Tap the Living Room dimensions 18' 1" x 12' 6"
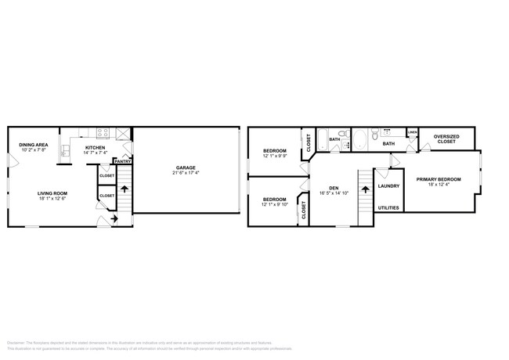[53, 199]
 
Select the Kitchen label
[96, 147]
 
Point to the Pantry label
[123, 161]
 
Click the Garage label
[185, 167]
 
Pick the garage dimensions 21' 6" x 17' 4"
[185, 173]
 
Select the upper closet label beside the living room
[106, 176]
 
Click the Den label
[334, 187]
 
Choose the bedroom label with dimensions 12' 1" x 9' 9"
[274, 150]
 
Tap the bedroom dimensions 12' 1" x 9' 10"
[274, 204]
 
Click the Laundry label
[388, 185]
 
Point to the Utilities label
[388, 208]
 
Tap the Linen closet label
[412, 132]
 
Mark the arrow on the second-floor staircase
[363, 187]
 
